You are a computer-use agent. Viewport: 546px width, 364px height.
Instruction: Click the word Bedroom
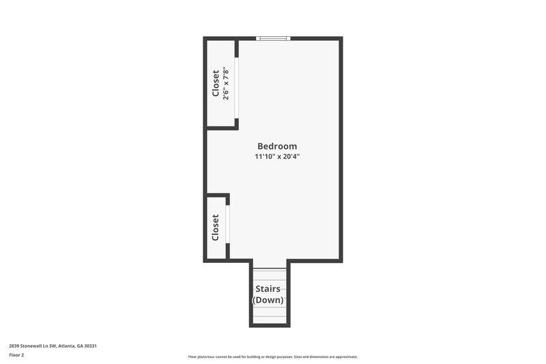click(277, 146)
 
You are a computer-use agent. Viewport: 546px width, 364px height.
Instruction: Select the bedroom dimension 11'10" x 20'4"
click(277, 157)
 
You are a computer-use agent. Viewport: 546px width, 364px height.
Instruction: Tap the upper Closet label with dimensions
click(216, 83)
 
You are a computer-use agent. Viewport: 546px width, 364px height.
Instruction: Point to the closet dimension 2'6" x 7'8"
click(225, 83)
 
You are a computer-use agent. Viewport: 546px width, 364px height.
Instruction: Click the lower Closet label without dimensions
click(216, 227)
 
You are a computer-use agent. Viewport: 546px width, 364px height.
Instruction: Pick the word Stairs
click(268, 289)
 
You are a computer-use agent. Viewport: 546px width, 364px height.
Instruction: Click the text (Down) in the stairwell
click(268, 300)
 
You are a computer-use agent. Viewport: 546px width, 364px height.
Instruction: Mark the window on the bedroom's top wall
click(273, 38)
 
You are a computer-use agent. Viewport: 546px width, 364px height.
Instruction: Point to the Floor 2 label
click(16, 355)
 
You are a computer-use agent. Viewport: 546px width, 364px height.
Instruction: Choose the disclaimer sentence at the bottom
click(273, 356)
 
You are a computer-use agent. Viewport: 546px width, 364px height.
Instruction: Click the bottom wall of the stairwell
click(269, 325)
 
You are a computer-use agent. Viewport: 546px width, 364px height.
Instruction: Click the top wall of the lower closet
click(217, 195)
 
